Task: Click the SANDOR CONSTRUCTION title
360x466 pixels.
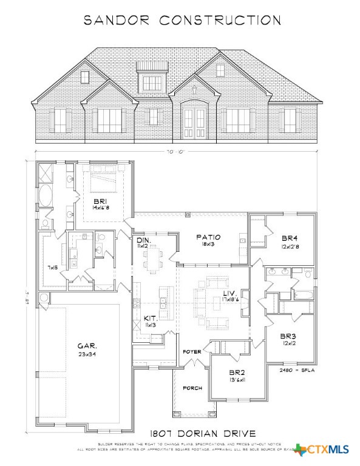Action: pyautogui.click(x=182, y=20)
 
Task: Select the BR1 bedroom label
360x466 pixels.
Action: pyautogui.click(x=100, y=200)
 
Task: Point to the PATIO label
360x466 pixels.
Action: pyautogui.click(x=208, y=237)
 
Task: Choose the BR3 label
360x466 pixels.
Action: pyautogui.click(x=287, y=336)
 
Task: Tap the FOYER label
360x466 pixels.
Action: pyautogui.click(x=192, y=352)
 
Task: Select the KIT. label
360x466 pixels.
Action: pyautogui.click(x=151, y=318)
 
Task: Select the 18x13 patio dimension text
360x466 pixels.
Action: pyautogui.click(x=208, y=245)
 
